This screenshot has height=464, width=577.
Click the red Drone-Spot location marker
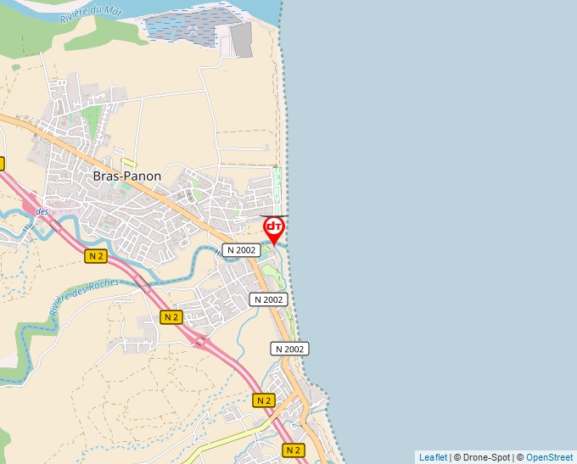(273, 228)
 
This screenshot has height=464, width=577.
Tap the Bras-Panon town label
(126, 176)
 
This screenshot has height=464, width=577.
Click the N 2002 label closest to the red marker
(240, 249)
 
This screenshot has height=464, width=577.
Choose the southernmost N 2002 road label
(289, 349)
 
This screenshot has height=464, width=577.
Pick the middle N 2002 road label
(268, 299)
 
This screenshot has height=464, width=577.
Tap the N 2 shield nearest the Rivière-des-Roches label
(96, 256)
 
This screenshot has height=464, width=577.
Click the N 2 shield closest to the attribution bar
(294, 450)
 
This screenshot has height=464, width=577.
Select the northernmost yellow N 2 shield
(96, 256)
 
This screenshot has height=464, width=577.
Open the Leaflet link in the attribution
(433, 457)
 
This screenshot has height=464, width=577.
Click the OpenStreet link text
(550, 457)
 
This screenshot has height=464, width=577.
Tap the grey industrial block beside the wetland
(241, 40)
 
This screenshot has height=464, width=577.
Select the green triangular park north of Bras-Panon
(91, 120)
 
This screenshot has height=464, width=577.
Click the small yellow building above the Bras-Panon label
(129, 163)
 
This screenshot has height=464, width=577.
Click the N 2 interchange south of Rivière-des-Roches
(201, 341)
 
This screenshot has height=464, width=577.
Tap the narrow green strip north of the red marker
(276, 188)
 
